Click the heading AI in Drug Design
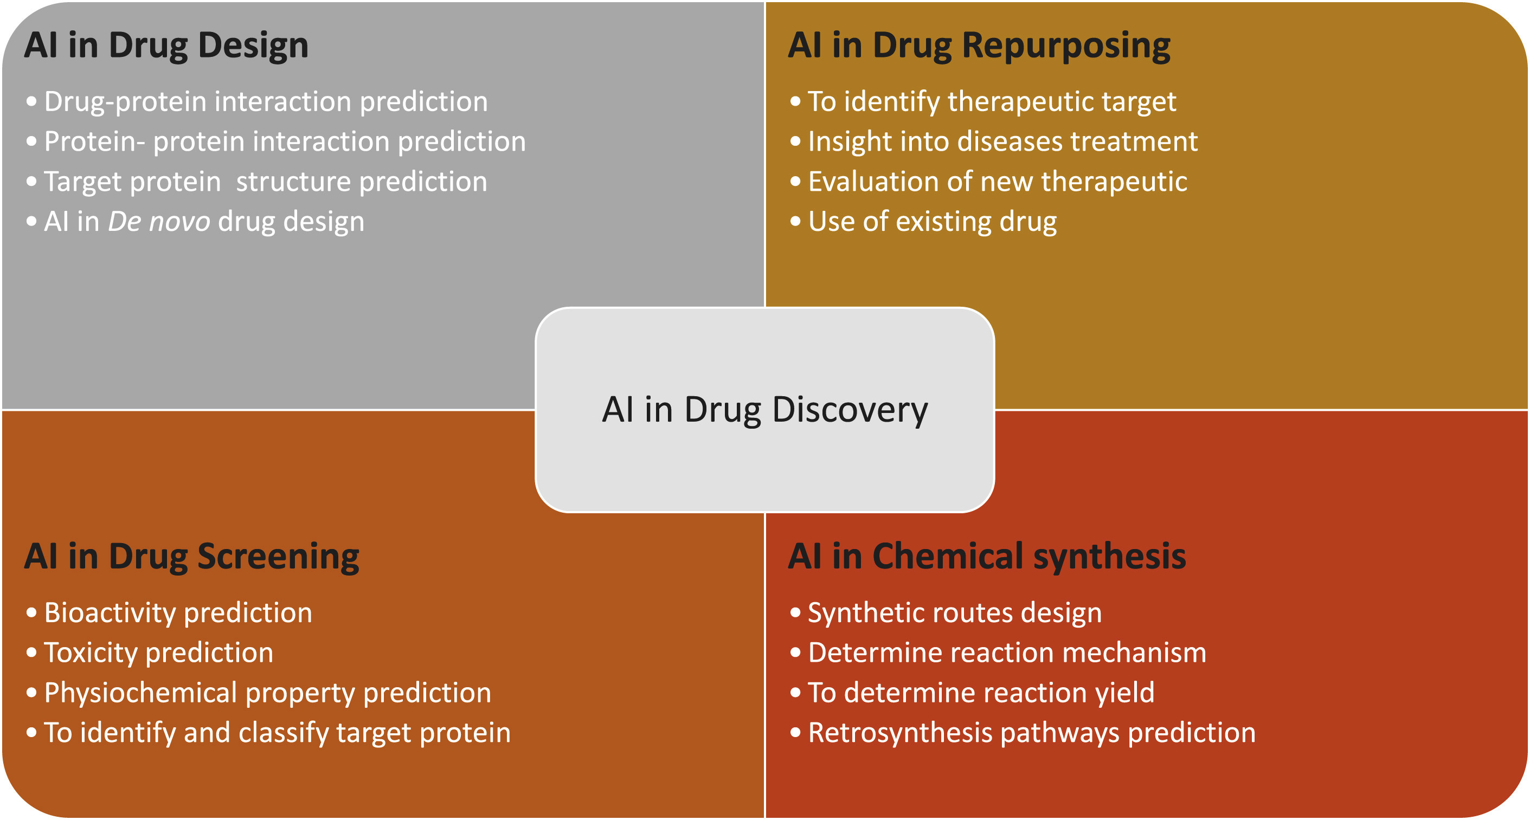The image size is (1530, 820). click(166, 45)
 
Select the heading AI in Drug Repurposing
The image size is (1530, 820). click(979, 45)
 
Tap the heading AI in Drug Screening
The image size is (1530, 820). click(191, 557)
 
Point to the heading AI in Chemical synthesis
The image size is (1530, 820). click(987, 557)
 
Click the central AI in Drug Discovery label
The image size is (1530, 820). click(764, 410)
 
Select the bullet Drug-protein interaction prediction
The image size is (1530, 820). click(266, 101)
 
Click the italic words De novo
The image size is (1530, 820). click(158, 222)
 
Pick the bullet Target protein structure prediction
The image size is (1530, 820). click(266, 182)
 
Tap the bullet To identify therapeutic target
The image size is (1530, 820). click(992, 101)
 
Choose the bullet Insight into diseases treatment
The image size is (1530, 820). click(1002, 141)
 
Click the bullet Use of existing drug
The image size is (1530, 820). click(933, 222)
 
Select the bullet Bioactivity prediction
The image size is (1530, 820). click(178, 613)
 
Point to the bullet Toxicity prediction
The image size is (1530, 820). click(158, 653)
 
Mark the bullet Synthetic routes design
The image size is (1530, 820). click(954, 613)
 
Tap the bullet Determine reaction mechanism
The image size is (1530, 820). click(1007, 653)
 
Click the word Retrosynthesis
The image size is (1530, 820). click(900, 733)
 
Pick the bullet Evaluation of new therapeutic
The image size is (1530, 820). click(997, 182)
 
